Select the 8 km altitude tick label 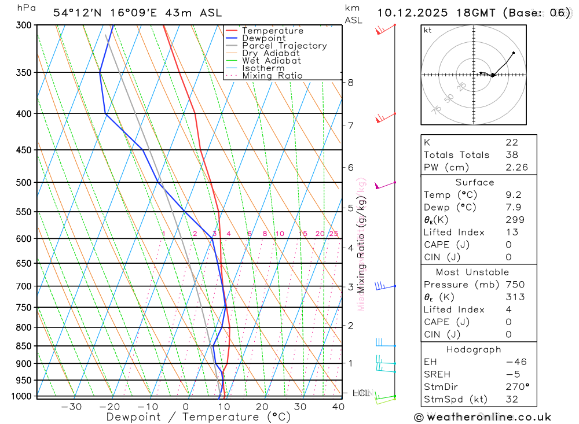[x=350, y=82]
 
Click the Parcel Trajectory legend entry [x=284, y=46]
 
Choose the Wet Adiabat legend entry [x=271, y=61]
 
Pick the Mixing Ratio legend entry [x=272, y=76]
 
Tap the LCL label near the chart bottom [x=361, y=393]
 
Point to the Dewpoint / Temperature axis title [x=199, y=416]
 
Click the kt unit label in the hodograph [x=427, y=30]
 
